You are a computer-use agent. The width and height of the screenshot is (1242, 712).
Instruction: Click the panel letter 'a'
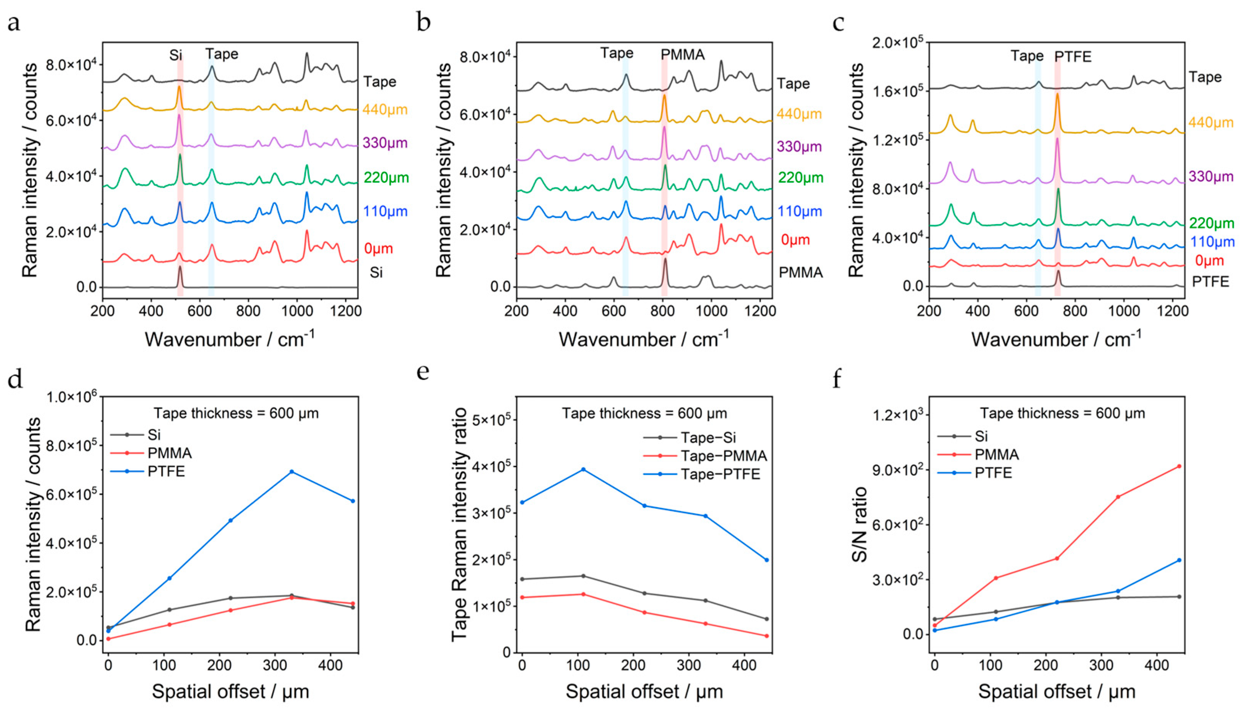(14, 23)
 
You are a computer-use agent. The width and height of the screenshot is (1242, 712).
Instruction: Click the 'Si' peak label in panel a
(176, 55)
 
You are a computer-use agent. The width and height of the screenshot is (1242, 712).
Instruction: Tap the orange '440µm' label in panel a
(385, 110)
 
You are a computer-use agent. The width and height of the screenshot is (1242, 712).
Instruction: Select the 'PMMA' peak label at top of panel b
(683, 55)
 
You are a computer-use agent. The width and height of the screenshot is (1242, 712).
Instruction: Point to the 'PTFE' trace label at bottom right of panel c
(1210, 282)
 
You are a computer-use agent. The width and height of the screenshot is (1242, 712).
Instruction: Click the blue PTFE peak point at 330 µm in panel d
(291, 471)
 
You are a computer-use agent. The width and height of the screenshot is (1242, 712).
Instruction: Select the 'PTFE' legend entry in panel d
(166, 472)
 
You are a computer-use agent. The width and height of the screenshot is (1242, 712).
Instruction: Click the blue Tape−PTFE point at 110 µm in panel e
(583, 470)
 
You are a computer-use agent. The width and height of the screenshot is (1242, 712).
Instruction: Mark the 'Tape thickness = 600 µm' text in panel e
(644, 413)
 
